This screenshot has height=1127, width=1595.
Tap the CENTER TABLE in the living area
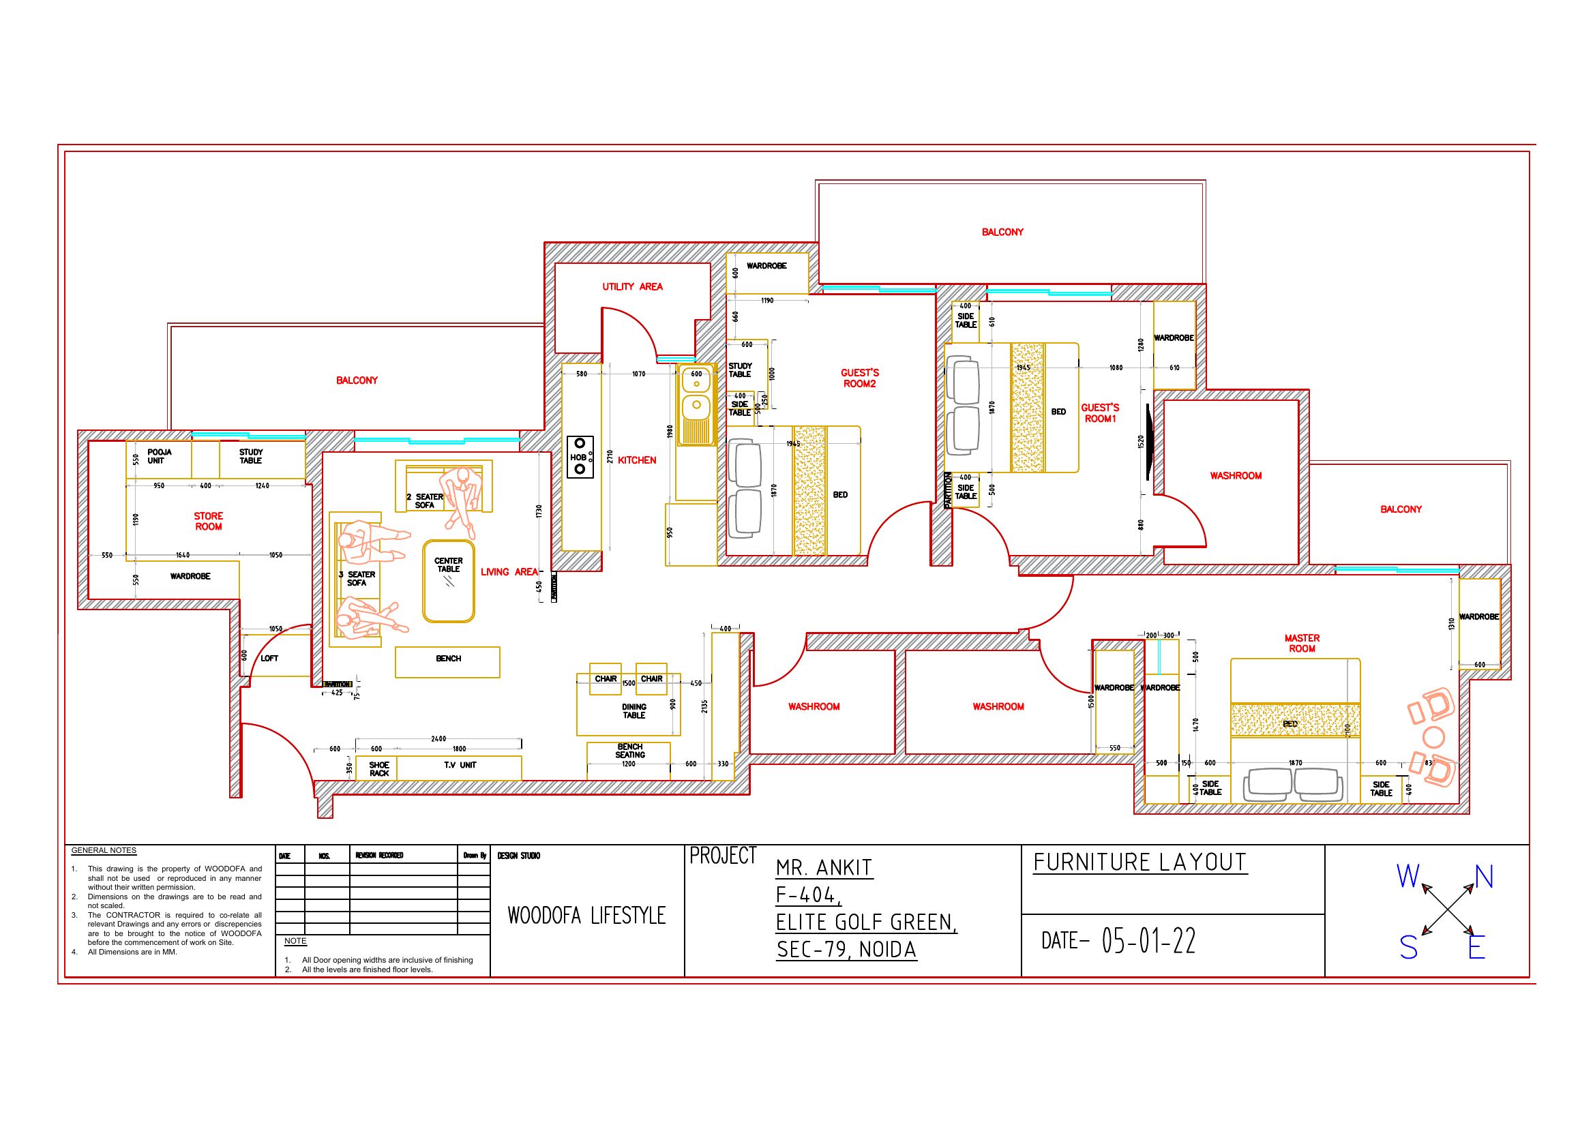point(448,580)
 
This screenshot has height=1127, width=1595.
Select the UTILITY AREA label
point(631,286)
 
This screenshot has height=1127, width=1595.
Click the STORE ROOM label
point(209,521)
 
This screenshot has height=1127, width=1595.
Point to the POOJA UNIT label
point(159,455)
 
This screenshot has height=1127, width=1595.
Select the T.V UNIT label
point(460,764)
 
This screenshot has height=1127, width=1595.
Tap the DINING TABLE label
point(633,710)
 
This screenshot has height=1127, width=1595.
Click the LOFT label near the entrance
point(269,658)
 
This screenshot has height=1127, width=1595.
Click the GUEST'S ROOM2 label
point(859,378)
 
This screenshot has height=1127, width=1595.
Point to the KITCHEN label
point(636,460)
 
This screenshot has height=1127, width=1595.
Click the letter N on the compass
point(1483,876)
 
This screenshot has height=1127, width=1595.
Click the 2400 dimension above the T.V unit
point(438,738)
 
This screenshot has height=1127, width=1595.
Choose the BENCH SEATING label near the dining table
point(629,750)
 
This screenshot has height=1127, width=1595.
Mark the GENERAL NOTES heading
point(104,850)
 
